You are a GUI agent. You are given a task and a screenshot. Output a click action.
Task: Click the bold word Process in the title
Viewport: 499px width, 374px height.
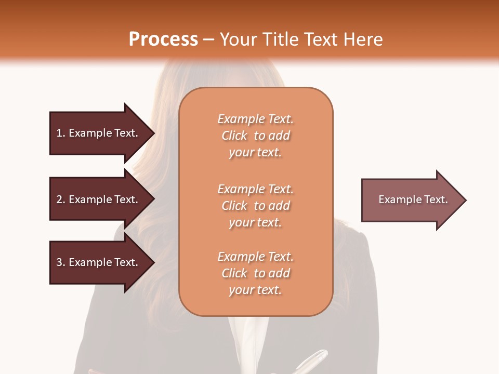pyautogui.click(x=163, y=39)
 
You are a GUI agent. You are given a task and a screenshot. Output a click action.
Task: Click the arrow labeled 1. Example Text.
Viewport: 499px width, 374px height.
pyautogui.click(x=99, y=133)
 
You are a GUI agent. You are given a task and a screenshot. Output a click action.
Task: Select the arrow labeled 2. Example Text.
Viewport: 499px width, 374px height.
pyautogui.click(x=99, y=199)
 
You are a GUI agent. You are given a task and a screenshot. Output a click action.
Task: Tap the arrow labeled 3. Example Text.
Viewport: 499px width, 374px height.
pyautogui.click(x=99, y=262)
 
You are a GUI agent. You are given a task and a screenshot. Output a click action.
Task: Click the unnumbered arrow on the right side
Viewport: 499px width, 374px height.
pyautogui.click(x=411, y=200)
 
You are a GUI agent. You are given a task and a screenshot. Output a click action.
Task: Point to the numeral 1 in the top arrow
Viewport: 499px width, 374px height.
pyautogui.click(x=59, y=133)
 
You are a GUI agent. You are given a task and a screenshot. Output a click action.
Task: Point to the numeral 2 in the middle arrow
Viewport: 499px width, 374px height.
pyautogui.click(x=59, y=199)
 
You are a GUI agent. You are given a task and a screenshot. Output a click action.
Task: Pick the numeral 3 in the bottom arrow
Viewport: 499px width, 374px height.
pyautogui.click(x=59, y=262)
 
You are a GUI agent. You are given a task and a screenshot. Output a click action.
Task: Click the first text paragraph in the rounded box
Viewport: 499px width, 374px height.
pyautogui.click(x=255, y=136)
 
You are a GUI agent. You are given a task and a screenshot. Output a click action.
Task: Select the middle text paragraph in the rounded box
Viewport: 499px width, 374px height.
pyautogui.click(x=255, y=206)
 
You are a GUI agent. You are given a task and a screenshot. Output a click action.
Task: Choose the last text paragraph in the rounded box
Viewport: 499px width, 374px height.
pyautogui.click(x=255, y=273)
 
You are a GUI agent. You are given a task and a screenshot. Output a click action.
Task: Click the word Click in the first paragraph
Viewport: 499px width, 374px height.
pyautogui.click(x=234, y=136)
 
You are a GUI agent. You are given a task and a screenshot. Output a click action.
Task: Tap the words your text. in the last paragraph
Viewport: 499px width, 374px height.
pyautogui.click(x=255, y=290)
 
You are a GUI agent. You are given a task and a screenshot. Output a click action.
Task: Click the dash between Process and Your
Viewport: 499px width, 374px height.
pyautogui.click(x=209, y=39)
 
